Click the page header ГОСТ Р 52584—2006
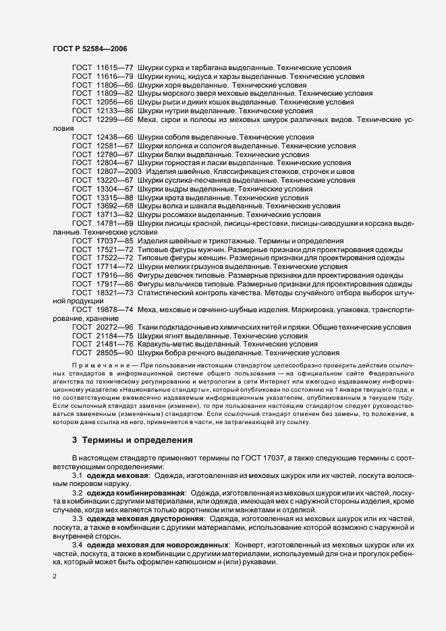(90, 49)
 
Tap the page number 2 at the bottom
(55, 577)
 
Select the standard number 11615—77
(115, 68)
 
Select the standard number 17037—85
(115, 241)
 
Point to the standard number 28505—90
(115, 353)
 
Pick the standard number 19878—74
(115, 309)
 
